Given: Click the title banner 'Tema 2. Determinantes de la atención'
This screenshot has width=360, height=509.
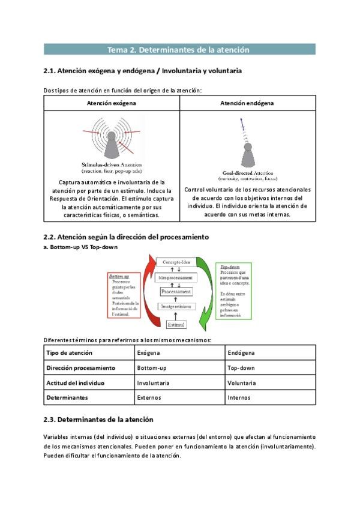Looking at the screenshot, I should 179,49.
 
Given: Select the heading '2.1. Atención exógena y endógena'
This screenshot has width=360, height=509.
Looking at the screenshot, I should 143,71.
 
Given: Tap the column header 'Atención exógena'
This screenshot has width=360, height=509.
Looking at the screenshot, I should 112,103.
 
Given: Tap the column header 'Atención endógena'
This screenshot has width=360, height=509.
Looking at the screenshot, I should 248,103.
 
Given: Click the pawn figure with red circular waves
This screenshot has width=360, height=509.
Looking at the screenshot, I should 112,139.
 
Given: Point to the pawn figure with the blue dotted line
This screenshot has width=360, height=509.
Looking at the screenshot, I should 247,151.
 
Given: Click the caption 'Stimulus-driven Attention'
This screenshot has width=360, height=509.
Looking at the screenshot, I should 112,164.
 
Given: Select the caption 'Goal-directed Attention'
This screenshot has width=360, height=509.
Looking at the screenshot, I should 247,173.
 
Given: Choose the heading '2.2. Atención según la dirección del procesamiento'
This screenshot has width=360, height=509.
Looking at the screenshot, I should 126,237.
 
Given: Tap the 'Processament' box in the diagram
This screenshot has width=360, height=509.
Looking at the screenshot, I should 176,291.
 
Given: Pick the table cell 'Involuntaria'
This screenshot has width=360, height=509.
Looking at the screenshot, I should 153,382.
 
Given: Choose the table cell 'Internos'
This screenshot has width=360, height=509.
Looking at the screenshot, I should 239,397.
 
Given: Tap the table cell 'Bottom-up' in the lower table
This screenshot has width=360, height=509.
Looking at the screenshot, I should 151,367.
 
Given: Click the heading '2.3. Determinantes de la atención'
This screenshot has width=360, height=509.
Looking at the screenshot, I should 98,419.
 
